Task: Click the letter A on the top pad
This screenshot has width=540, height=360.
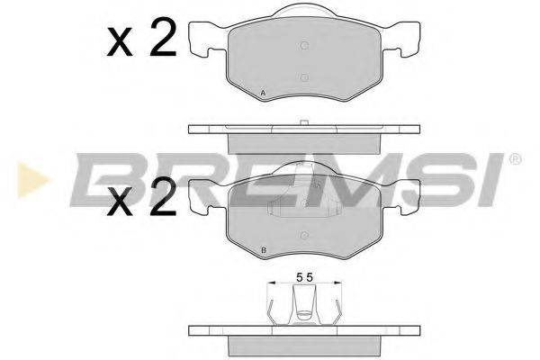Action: (x=263, y=93)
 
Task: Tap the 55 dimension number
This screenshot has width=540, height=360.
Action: (x=303, y=279)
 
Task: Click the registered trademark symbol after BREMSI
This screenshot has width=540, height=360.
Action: (x=515, y=159)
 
